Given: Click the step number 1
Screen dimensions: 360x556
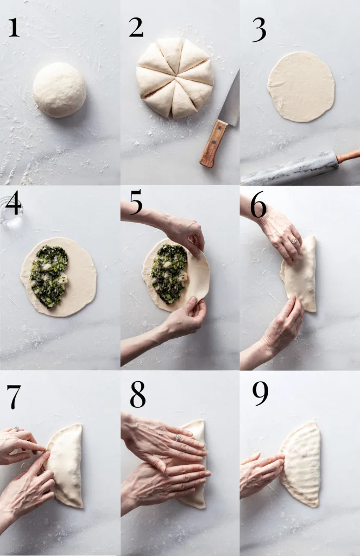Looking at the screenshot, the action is pyautogui.click(x=14, y=27).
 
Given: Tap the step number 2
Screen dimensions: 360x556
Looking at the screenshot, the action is pyautogui.click(x=136, y=27).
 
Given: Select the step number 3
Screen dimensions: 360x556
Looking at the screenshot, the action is pyautogui.click(x=259, y=30).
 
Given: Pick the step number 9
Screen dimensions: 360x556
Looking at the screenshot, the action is pyautogui.click(x=260, y=394).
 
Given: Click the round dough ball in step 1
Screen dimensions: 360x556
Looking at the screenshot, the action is pyautogui.click(x=59, y=90).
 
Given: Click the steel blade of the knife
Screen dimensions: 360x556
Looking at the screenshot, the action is pyautogui.click(x=229, y=100).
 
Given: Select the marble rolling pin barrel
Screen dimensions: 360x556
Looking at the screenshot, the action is pyautogui.click(x=289, y=168).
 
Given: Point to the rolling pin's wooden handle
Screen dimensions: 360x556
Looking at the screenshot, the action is pyautogui.click(x=348, y=156).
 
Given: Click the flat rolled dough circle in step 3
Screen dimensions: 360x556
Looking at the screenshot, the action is pyautogui.click(x=301, y=87).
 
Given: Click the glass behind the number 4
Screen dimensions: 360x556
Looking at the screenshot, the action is pyautogui.click(x=11, y=211).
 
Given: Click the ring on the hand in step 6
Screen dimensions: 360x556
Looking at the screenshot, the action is pyautogui.click(x=294, y=241).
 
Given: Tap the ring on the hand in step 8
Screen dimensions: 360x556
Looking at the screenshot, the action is pyautogui.click(x=176, y=438).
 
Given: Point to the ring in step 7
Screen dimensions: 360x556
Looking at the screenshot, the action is pyautogui.click(x=16, y=429).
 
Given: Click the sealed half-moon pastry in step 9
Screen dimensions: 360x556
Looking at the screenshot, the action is pyautogui.click(x=300, y=465).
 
